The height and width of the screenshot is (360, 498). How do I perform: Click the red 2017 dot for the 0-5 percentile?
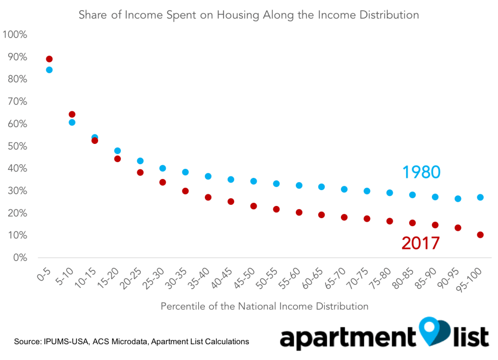49,59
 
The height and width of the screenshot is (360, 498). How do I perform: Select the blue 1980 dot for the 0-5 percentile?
49,70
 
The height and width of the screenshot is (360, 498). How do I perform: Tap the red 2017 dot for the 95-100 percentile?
480,235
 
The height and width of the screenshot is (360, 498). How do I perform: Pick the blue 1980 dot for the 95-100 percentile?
480,197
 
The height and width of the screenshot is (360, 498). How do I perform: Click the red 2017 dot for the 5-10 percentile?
72,114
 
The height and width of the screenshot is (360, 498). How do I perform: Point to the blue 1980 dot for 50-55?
276,184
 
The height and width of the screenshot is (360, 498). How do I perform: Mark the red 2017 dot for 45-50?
254,206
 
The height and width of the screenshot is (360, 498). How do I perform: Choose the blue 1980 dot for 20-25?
140,161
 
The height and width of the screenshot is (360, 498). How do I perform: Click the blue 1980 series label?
421,172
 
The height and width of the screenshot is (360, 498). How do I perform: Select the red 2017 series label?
421,244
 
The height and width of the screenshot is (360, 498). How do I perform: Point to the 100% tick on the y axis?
15,34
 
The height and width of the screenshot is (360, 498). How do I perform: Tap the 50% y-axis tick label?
17,146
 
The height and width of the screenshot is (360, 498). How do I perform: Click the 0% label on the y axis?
20,257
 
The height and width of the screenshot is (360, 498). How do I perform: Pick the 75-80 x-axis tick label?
381,278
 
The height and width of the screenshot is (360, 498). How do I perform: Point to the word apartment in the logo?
348,338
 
